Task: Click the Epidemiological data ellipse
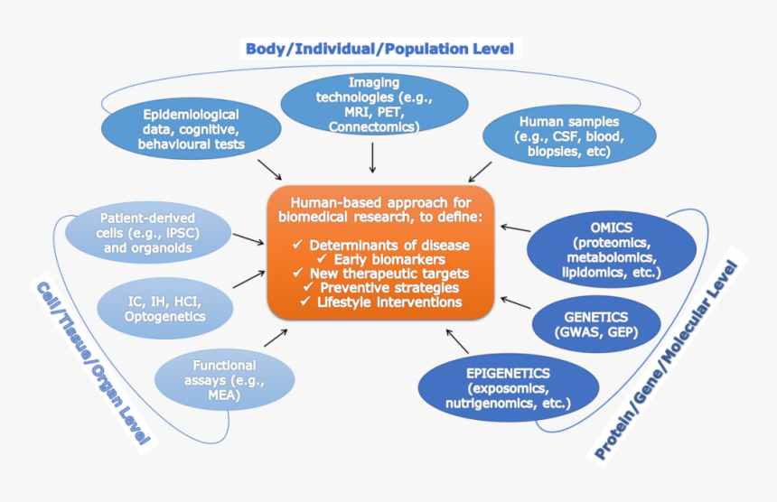192,129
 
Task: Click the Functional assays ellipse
224,379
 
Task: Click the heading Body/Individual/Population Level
379,48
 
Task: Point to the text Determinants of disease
389,245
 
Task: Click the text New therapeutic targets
389,274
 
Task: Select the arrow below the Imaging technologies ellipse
372,158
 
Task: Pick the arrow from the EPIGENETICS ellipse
457,340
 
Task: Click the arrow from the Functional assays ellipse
274,338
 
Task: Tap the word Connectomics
374,127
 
